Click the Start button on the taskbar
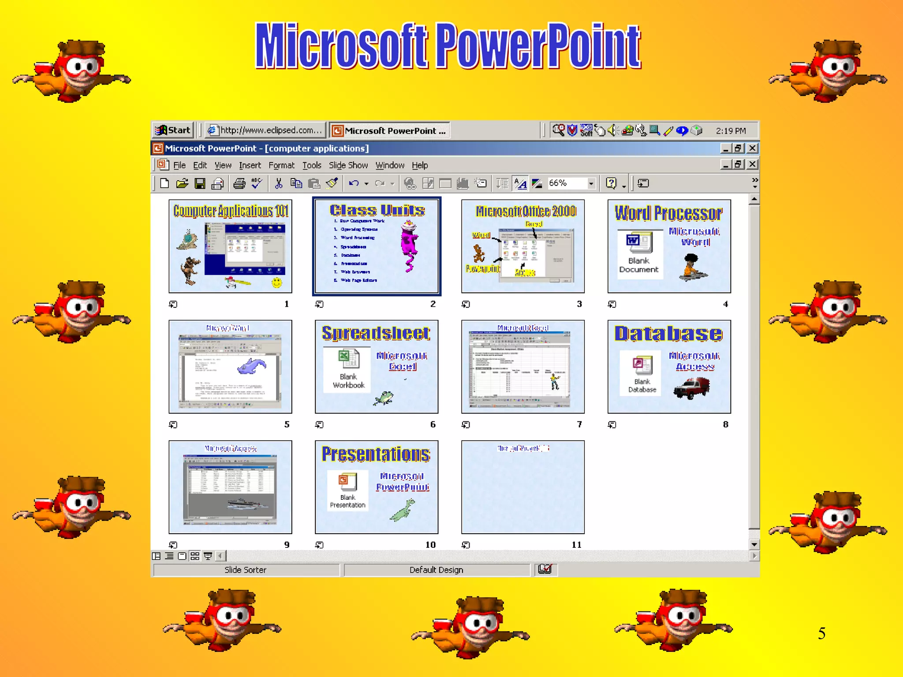coord(174,130)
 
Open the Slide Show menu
coord(348,165)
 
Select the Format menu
coord(281,165)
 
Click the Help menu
coord(420,165)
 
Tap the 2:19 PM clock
coord(731,131)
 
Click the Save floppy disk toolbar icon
coord(200,183)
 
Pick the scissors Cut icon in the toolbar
coord(278,183)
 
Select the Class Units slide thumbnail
coord(377,246)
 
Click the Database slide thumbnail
coord(669,366)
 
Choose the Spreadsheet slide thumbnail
coord(377,366)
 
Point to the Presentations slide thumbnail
coord(377,487)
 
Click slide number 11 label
coord(576,545)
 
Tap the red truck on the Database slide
coord(692,387)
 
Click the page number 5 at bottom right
coord(821,633)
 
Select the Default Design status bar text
coord(436,570)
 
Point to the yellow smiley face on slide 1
coord(277,282)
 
